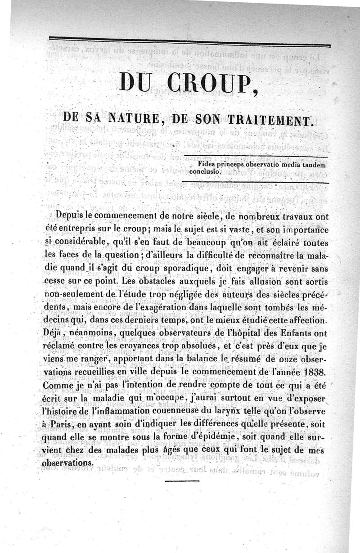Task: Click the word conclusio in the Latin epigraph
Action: pyautogui.click(x=205, y=171)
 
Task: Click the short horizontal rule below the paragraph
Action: pyautogui.click(x=175, y=481)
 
